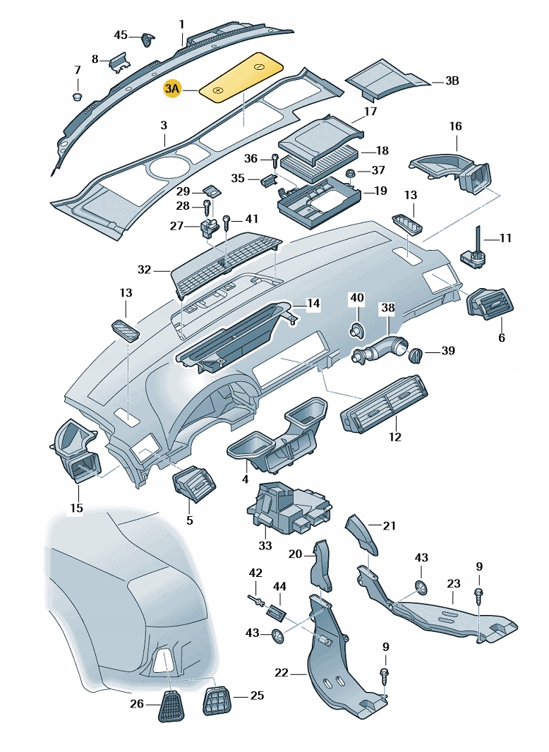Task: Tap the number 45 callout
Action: (x=121, y=35)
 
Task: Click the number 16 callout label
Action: (x=455, y=126)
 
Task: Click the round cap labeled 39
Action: (x=416, y=352)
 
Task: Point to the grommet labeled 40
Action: (x=357, y=329)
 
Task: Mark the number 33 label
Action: (x=265, y=545)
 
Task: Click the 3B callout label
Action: (x=452, y=81)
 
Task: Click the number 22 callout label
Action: (x=282, y=673)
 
